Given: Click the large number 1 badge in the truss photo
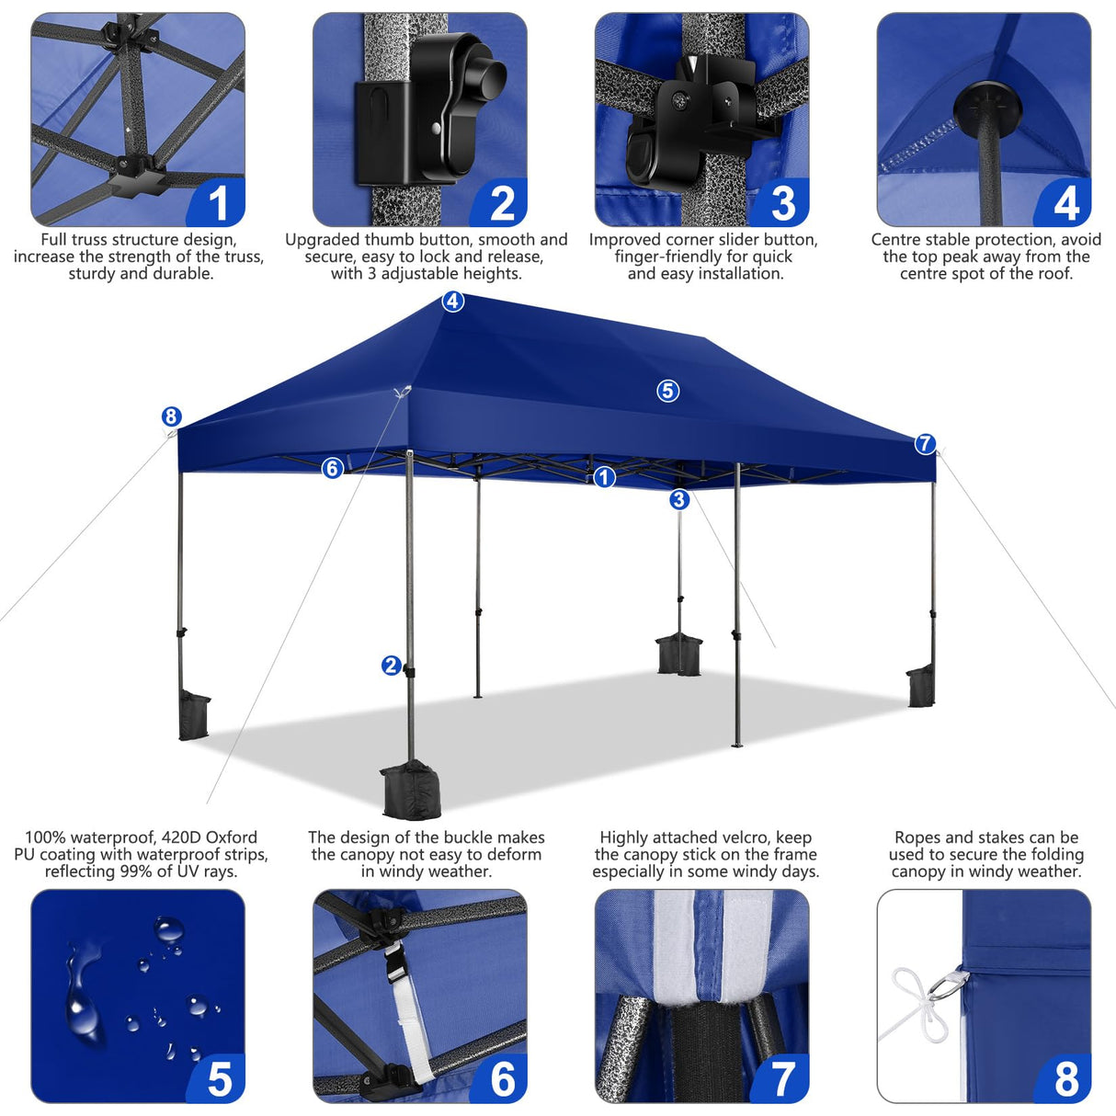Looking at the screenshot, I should [x=218, y=203].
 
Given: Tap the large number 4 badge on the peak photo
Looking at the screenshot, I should [x=1065, y=203].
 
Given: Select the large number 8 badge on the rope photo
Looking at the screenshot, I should [x=1065, y=1078].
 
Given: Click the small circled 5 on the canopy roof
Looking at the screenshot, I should [x=668, y=391].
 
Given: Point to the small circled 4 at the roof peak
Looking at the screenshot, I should [x=453, y=302].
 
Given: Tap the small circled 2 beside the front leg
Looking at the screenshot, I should [x=391, y=666].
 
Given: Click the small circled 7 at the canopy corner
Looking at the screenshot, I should [x=925, y=444].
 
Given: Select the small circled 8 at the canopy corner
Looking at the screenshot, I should [x=172, y=416].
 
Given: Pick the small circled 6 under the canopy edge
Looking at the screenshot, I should [x=332, y=469].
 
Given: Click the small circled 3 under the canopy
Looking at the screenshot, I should [x=679, y=499].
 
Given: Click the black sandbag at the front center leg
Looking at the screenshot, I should [x=410, y=790].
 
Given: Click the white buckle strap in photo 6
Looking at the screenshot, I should [x=407, y=1011].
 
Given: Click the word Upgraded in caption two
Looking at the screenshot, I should [x=322, y=240].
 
